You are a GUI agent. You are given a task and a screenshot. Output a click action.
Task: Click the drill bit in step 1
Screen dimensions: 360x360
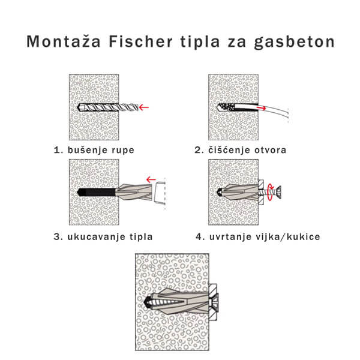pyautogui.click(x=108, y=108)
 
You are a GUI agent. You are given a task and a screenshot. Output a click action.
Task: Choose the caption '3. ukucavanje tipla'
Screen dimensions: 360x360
pyautogui.click(x=103, y=236)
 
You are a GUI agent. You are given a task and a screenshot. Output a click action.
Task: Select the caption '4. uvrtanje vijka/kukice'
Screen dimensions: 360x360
pyautogui.click(x=257, y=236)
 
